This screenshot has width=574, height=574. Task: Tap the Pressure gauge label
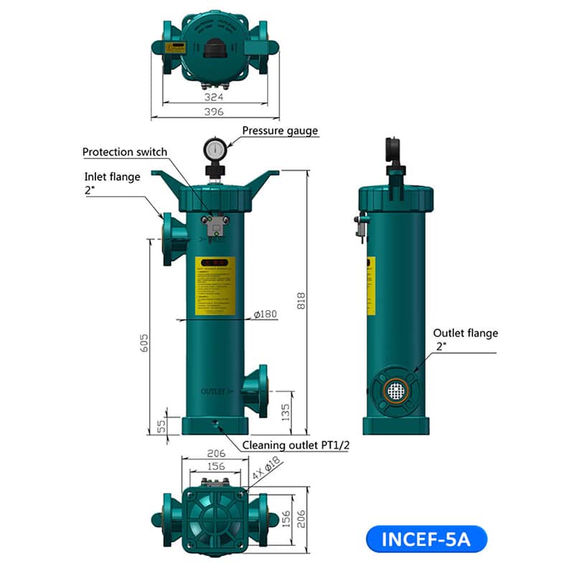pyautogui.click(x=279, y=131)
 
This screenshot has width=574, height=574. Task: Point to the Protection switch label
pyautogui.click(x=125, y=152)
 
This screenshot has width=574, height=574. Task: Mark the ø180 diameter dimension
pyautogui.click(x=266, y=314)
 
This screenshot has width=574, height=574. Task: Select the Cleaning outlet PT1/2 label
pyautogui.click(x=296, y=445)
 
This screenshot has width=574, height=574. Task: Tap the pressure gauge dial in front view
pyautogui.click(x=215, y=149)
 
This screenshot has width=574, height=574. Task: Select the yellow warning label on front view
pyautogui.click(x=215, y=286)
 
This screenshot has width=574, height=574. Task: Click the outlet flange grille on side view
pyautogui.click(x=395, y=390)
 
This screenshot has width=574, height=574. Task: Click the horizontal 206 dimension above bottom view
pyautogui.click(x=215, y=453)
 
